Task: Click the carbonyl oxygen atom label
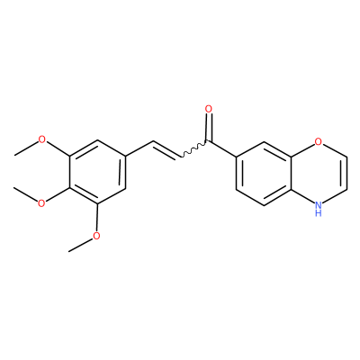click(x=209, y=109)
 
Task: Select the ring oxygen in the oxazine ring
click(x=319, y=140)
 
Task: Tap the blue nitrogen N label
click(x=319, y=204)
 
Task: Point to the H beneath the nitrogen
click(x=319, y=212)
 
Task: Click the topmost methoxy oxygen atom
click(x=42, y=139)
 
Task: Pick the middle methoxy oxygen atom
click(x=41, y=203)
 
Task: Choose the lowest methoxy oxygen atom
click(x=96, y=236)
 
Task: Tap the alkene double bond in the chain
click(x=167, y=149)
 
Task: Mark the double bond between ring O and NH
click(x=345, y=173)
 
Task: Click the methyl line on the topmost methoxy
click(x=26, y=149)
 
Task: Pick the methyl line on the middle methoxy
click(x=25, y=193)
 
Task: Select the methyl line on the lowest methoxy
click(x=80, y=245)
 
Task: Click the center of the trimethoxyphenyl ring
click(x=97, y=173)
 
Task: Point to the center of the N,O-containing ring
click(x=319, y=173)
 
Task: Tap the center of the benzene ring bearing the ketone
click(x=263, y=173)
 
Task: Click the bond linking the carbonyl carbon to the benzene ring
click(x=222, y=148)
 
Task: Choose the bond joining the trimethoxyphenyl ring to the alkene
click(x=139, y=148)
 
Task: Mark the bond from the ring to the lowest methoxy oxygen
click(x=97, y=218)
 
